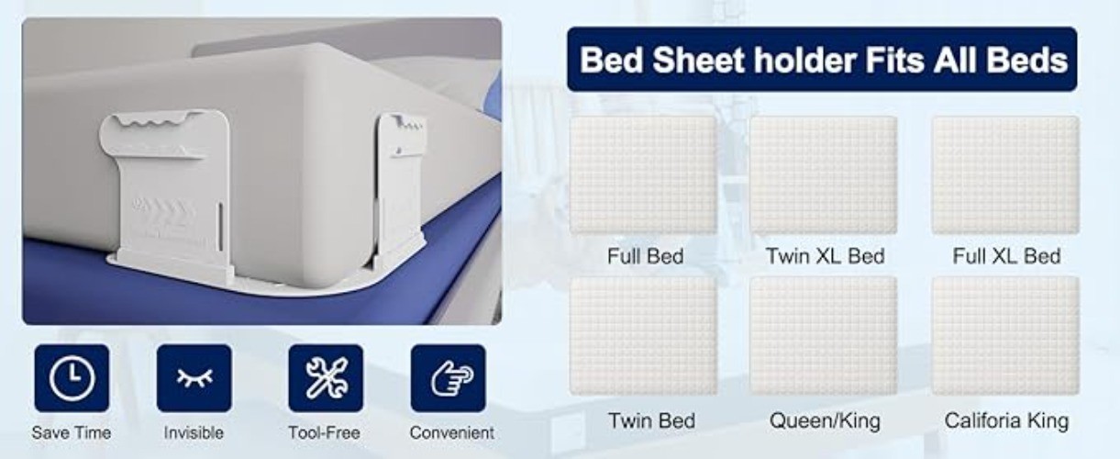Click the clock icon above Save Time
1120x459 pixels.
72,378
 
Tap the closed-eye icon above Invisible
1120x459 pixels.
194,378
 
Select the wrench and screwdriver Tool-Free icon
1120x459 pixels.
325,378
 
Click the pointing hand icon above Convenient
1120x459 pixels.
449,378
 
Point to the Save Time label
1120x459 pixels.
72,432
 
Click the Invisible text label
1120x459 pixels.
194,432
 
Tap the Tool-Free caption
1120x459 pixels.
325,432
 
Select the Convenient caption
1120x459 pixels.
451,432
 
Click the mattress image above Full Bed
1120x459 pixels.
644,175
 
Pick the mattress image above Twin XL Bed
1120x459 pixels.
823,175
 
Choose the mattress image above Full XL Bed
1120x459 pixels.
1005,175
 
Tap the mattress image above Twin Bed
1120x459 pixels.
644,336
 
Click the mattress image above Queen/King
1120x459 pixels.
823,336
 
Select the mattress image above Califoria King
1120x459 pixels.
1005,336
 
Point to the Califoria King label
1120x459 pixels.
1006,421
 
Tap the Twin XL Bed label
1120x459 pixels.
825,256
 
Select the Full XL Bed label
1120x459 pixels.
1006,256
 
